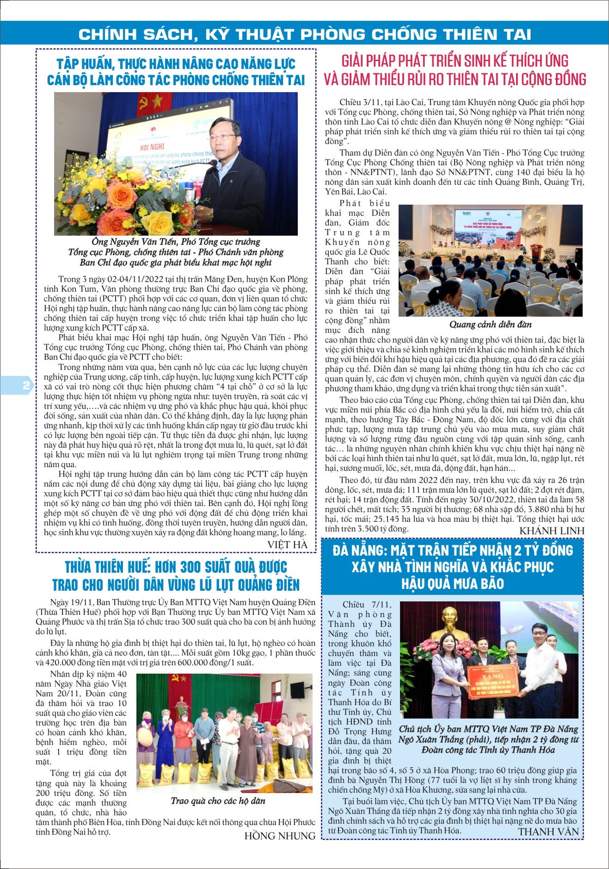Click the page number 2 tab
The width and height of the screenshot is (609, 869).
pyautogui.click(x=25, y=385)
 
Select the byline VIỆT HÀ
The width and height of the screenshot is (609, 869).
pyautogui.click(x=287, y=544)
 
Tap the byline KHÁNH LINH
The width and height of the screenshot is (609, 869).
pyautogui.click(x=552, y=531)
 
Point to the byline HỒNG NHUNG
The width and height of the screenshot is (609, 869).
pyautogui.click(x=280, y=836)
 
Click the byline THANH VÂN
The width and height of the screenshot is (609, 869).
pyautogui.click(x=548, y=831)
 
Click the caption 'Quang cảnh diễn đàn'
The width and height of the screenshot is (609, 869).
pyautogui.click(x=490, y=324)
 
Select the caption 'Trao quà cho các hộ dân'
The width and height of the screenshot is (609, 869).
pyautogui.click(x=218, y=800)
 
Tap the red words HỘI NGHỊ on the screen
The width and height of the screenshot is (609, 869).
pyautogui.click(x=152, y=147)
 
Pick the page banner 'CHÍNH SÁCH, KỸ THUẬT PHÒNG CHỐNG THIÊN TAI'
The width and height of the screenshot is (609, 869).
pyautogui.click(x=305, y=34)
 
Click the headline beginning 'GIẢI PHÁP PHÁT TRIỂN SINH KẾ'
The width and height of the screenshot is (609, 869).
pyautogui.click(x=455, y=70)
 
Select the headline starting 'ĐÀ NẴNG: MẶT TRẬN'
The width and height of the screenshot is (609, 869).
pyautogui.click(x=452, y=567)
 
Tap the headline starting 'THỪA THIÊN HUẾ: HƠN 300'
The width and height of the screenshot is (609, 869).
pyautogui.click(x=176, y=575)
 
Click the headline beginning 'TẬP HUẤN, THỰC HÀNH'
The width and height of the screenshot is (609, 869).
pyautogui.click(x=176, y=72)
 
